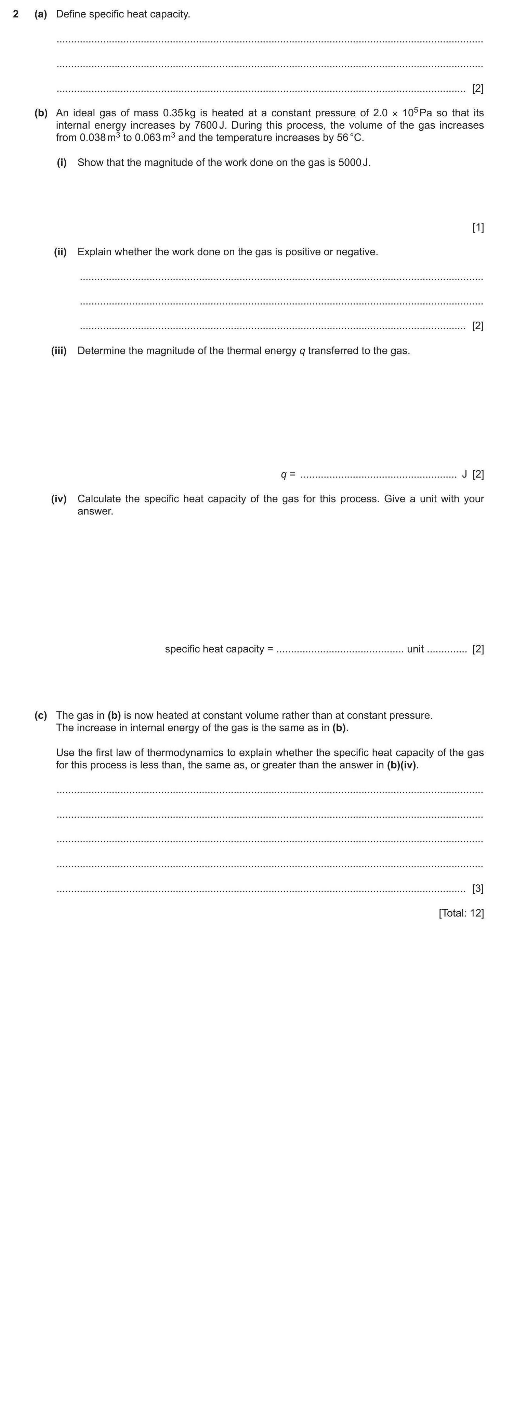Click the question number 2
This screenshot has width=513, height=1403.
(x=16, y=14)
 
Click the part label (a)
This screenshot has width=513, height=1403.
(x=41, y=14)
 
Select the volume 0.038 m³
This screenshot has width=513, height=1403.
(x=100, y=137)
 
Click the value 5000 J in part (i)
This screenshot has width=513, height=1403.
(x=354, y=162)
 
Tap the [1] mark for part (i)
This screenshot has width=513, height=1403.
(x=477, y=227)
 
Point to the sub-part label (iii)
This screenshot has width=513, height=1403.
(x=59, y=351)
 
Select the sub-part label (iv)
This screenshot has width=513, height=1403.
(x=59, y=499)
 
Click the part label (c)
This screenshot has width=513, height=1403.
(x=41, y=715)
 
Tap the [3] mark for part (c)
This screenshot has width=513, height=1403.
(x=477, y=889)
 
